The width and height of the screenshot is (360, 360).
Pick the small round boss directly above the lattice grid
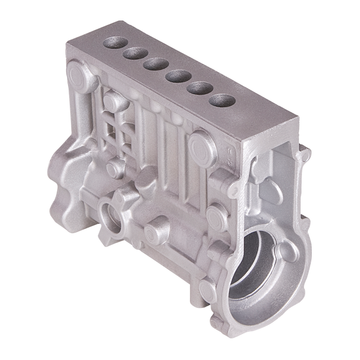[113, 102]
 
